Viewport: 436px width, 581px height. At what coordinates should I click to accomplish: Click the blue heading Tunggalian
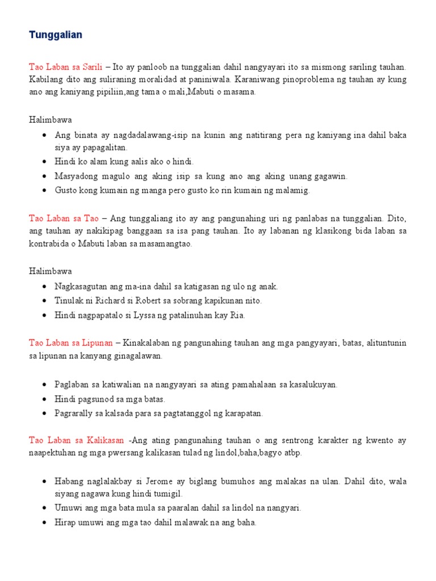tap(56, 35)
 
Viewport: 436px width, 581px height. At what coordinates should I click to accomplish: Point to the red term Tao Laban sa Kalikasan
tap(76, 440)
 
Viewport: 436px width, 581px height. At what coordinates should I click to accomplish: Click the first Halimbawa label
tap(51, 120)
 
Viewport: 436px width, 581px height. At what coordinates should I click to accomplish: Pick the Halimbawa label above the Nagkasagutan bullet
tap(51, 271)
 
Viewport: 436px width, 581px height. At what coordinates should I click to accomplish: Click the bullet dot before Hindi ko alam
tap(44, 162)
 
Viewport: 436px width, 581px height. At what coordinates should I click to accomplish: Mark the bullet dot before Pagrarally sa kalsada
tap(44, 414)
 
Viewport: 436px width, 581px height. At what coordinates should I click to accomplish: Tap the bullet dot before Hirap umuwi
tap(44, 523)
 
